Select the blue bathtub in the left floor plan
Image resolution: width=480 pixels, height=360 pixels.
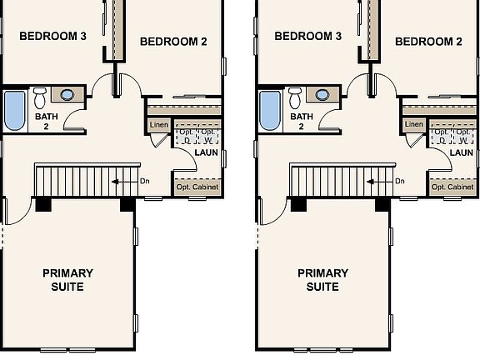15,111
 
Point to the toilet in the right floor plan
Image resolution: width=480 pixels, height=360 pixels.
295,99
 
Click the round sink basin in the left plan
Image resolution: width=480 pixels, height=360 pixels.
67,94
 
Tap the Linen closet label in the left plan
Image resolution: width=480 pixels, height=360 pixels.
159,125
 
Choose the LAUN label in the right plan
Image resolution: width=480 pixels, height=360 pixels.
461,152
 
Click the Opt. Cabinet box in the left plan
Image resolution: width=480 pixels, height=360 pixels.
197,187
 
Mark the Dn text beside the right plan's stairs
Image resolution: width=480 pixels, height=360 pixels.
400,181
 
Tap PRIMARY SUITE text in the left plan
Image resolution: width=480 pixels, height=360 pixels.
68,280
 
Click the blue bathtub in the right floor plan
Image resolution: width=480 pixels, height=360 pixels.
270,111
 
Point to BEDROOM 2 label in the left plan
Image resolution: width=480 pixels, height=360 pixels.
173,42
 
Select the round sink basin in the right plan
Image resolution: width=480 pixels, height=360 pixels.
322,94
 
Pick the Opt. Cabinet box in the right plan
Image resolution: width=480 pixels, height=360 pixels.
452,187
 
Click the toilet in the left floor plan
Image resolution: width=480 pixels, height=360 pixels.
40,99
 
